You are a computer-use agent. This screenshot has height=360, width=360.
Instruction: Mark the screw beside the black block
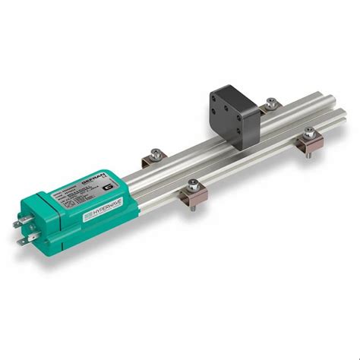coord(269,101)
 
